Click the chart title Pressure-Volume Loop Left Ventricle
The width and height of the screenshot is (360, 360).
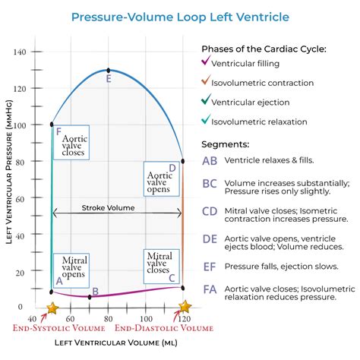pyautogui.click(x=179, y=17)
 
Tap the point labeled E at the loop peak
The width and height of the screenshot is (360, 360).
pyautogui.click(x=109, y=70)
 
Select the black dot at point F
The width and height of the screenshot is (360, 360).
pyautogui.click(x=52, y=124)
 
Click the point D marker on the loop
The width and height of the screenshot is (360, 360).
pyautogui.click(x=182, y=160)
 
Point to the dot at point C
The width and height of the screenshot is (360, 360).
pyautogui.click(x=182, y=286)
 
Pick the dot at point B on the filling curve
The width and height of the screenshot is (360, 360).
pyautogui.click(x=90, y=296)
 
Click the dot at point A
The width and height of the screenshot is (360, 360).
pyautogui.click(x=52, y=292)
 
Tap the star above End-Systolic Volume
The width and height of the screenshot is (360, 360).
pyautogui.click(x=52, y=308)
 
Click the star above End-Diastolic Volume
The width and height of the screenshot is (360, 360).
pyautogui.click(x=184, y=307)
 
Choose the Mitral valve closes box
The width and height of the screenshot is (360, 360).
pyautogui.click(x=159, y=264)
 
